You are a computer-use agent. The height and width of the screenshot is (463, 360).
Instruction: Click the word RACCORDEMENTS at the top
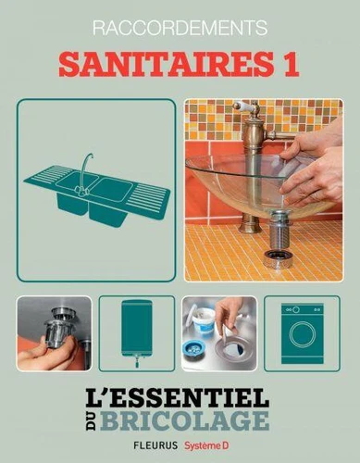tap(180, 28)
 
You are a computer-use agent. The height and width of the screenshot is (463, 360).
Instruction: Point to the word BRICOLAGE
tap(185, 420)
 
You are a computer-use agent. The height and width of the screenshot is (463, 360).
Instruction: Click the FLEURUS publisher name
tap(155, 445)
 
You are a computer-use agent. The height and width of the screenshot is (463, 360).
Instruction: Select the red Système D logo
tap(206, 445)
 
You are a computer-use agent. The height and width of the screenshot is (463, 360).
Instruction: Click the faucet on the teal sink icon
tap(84, 174)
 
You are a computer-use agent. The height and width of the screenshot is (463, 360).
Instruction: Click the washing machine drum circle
tap(302, 336)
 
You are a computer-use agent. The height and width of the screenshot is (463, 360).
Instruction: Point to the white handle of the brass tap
tap(244, 106)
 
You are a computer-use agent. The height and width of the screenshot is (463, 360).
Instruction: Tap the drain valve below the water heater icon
tap(136, 361)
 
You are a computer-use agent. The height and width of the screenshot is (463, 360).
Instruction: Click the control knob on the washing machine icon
tap(296, 309)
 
